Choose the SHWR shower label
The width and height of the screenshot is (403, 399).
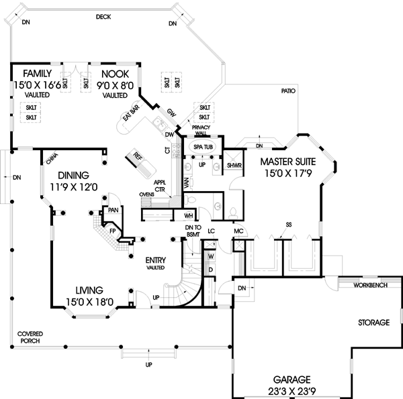(234, 165)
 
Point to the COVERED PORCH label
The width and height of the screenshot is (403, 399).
(30, 337)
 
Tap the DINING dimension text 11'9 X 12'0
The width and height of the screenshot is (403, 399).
(74, 184)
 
